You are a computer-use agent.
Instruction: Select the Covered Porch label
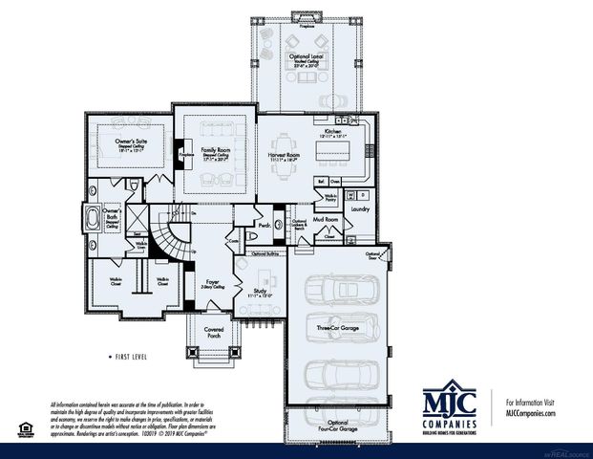point(214,334)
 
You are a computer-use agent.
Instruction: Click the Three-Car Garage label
point(337,329)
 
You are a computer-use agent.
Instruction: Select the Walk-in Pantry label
point(330,198)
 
